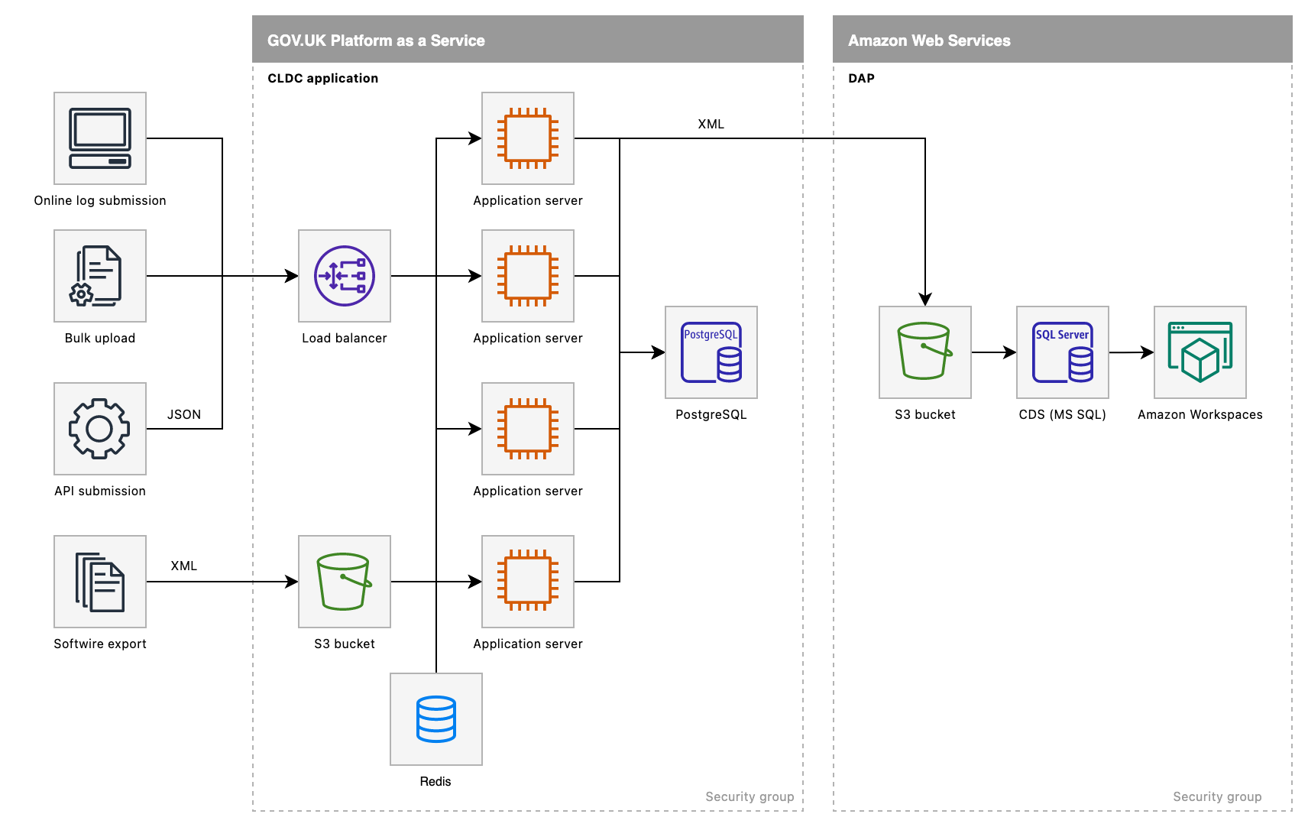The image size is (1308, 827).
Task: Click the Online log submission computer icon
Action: pos(100,138)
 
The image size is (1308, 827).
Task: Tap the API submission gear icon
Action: pos(100,429)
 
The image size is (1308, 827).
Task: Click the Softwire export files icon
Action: pos(100,582)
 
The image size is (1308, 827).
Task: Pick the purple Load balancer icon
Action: pos(345,276)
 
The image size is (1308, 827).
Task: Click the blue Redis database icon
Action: pos(436,719)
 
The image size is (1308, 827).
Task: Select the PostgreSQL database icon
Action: pos(711,352)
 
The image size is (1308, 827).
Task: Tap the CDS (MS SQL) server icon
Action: pos(1063,352)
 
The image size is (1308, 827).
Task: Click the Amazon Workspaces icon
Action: pos(1200,352)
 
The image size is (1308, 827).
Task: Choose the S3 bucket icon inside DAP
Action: pos(925,352)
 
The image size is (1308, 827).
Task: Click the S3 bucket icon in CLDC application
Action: pos(345,582)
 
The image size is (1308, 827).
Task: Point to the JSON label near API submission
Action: pos(184,414)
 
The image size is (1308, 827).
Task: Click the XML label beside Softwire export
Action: pos(184,566)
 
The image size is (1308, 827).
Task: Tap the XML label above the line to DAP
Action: pos(711,124)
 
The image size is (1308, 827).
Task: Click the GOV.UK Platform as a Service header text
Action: pos(376,41)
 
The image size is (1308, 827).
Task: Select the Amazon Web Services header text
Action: pos(929,41)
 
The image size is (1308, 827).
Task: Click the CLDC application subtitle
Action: pos(322,78)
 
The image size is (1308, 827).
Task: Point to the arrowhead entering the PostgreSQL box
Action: pos(658,352)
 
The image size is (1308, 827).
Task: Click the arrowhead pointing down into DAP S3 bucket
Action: pos(925,299)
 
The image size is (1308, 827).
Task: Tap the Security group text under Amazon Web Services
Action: pos(1217,796)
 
